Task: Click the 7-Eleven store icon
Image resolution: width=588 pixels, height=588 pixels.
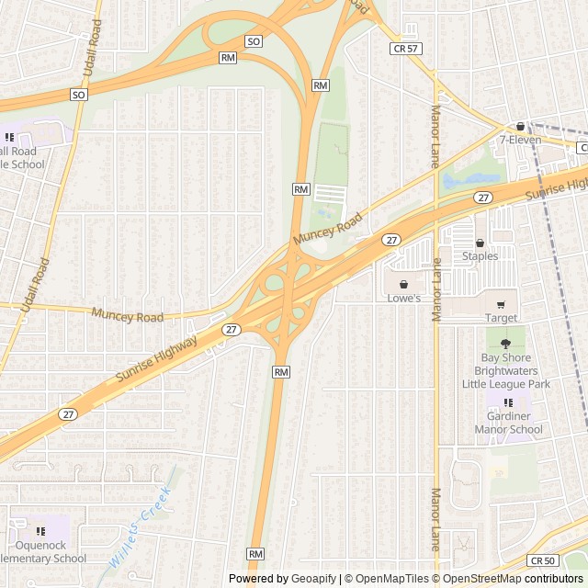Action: (x=520, y=127)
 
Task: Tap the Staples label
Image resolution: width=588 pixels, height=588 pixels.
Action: (x=480, y=256)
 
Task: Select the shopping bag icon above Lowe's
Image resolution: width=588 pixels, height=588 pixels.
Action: (x=402, y=285)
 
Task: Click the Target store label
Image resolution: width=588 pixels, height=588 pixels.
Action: (x=501, y=318)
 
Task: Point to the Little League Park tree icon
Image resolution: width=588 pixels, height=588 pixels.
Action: (x=505, y=344)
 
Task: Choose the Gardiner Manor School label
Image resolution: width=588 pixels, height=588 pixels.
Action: (x=508, y=423)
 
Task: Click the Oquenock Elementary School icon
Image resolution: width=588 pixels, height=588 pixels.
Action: (x=40, y=531)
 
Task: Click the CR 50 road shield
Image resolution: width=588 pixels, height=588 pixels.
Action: (x=542, y=560)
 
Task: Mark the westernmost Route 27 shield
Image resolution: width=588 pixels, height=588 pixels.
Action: (x=68, y=414)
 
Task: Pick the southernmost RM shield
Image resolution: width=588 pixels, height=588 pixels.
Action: (x=255, y=554)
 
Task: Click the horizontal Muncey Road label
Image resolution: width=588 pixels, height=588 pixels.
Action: (x=127, y=316)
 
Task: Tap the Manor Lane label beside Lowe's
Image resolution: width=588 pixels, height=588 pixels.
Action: (x=437, y=289)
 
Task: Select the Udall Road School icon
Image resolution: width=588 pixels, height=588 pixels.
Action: (x=9, y=137)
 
